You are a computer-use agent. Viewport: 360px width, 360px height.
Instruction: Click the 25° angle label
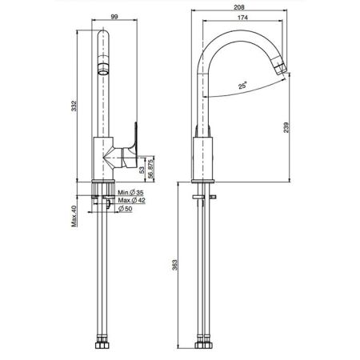242,84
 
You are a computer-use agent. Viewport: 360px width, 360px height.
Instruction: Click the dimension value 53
143,167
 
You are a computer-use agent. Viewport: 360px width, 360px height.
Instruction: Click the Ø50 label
126,209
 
